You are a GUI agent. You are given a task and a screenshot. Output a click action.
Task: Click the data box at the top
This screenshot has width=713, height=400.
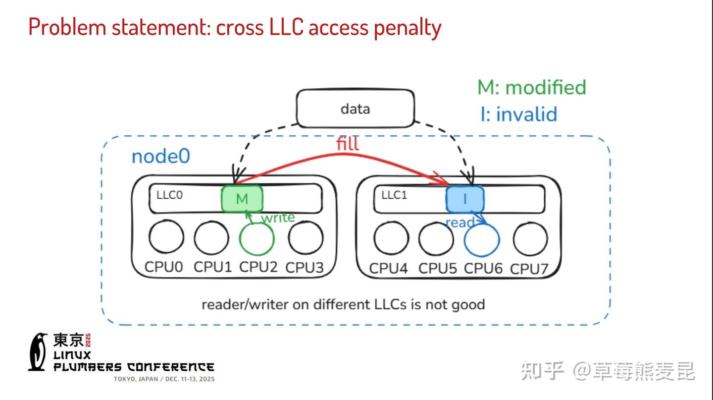(x=355, y=109)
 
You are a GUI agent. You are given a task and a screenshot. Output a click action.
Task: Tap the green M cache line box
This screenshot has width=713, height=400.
(x=242, y=199)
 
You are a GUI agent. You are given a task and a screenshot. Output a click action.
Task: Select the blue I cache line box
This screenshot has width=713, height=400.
(x=465, y=199)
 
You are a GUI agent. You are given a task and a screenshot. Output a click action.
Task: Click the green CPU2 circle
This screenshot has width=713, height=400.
(x=256, y=238)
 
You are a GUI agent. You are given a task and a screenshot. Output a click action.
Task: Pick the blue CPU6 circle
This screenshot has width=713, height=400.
(x=481, y=240)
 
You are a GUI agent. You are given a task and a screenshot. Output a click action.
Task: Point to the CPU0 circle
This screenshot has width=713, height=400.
(x=166, y=238)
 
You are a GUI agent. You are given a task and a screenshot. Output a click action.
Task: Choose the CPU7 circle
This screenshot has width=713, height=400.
(x=530, y=239)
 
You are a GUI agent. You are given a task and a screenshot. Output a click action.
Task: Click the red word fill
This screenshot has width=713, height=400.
(x=347, y=144)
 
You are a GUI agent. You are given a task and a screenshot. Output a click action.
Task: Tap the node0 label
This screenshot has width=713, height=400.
(x=160, y=156)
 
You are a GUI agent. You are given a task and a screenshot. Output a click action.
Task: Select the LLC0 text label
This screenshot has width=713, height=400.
(x=169, y=195)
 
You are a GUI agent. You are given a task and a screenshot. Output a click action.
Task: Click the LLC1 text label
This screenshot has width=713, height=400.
(x=394, y=195)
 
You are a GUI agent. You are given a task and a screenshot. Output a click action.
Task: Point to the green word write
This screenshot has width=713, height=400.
(x=278, y=218)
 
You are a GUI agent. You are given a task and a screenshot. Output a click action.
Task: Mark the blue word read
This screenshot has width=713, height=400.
(x=459, y=223)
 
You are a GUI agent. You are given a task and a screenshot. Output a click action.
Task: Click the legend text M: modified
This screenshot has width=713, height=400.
(x=531, y=87)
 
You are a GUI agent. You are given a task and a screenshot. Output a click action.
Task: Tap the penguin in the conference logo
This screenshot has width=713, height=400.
(x=38, y=351)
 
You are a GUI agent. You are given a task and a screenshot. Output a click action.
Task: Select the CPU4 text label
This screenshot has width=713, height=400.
(x=389, y=268)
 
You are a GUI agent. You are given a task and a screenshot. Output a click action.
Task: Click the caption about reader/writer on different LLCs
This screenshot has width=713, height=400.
(x=343, y=304)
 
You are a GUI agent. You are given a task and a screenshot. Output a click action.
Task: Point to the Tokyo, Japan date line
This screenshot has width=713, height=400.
(x=164, y=379)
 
